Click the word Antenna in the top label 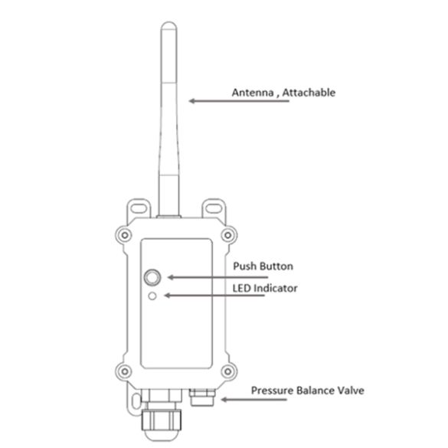click(253, 93)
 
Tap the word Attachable click(309, 93)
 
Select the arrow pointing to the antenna click(239, 101)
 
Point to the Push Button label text click(263, 266)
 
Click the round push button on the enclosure click(152, 277)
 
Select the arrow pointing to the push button click(217, 277)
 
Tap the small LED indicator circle click(152, 296)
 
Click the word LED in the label click(242, 288)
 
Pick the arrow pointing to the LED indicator click(214, 296)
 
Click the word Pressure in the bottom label click(273, 391)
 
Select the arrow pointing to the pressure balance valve click(253, 400)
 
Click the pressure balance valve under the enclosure click(202, 397)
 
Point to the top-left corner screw click(125, 235)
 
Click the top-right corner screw click(227, 235)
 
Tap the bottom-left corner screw click(125, 371)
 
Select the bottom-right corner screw click(227, 371)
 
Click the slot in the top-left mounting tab click(139, 208)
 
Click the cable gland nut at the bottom click(162, 420)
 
